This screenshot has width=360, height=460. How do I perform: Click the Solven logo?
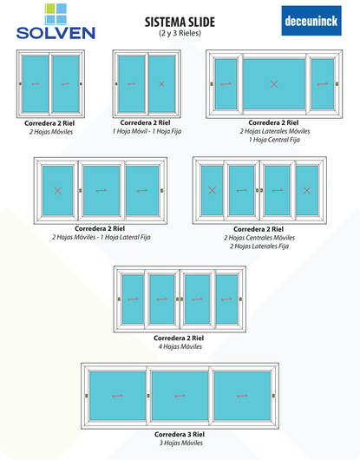tap(56, 22)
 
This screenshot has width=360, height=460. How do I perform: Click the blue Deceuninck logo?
tap(311, 21)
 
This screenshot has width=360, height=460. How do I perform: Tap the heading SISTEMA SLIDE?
tap(180, 22)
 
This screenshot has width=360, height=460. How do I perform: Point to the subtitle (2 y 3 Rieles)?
tap(180, 33)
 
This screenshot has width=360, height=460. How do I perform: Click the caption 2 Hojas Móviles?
tap(51, 132)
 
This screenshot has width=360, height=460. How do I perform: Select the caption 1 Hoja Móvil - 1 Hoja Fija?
tap(147, 131)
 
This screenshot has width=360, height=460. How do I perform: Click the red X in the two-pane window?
tap(161, 84)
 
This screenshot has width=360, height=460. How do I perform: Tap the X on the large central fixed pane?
tap(274, 84)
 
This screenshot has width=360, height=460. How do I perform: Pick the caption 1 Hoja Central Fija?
tap(274, 140)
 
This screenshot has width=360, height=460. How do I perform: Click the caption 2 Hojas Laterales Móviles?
tap(275, 131)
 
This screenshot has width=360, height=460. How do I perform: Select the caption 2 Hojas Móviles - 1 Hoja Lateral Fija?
tap(101, 237)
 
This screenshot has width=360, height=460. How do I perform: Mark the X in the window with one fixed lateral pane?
tap(58, 191)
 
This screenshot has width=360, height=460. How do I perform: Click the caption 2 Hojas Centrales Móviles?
tap(259, 238)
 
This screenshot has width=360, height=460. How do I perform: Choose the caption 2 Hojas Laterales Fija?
tap(259, 246)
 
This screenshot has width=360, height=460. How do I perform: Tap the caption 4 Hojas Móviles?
tap(180, 347)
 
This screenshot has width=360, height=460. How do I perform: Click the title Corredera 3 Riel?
tap(180, 434)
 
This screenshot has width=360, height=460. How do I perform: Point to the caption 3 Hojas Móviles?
tap(181, 443)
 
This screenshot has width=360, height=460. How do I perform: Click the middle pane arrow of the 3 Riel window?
tap(180, 396)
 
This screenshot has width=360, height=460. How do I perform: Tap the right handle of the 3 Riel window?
tap(273, 396)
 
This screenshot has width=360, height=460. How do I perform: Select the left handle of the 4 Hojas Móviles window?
tap(119, 299)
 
